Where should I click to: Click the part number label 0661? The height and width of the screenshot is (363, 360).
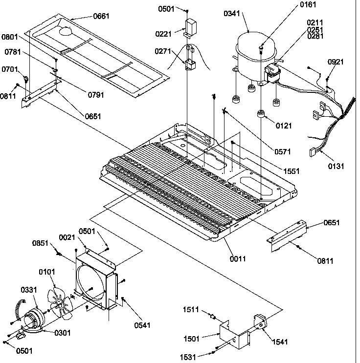point(101,16)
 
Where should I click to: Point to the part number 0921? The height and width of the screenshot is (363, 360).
point(336,62)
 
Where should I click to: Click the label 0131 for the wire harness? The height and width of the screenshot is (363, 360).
point(336,166)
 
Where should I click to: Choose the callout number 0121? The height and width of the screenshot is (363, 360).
point(284,126)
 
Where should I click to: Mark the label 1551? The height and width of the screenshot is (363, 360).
point(292,171)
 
